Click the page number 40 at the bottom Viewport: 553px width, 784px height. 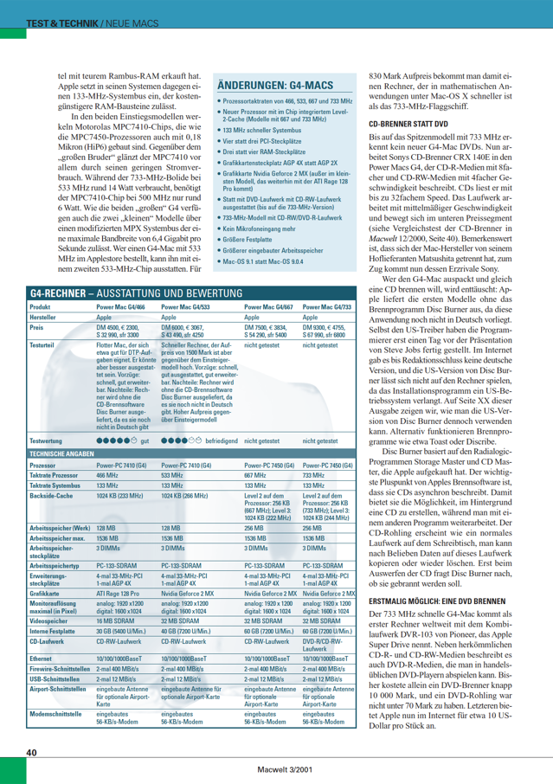point(31,753)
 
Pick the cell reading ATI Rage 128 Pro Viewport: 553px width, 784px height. point(118,594)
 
